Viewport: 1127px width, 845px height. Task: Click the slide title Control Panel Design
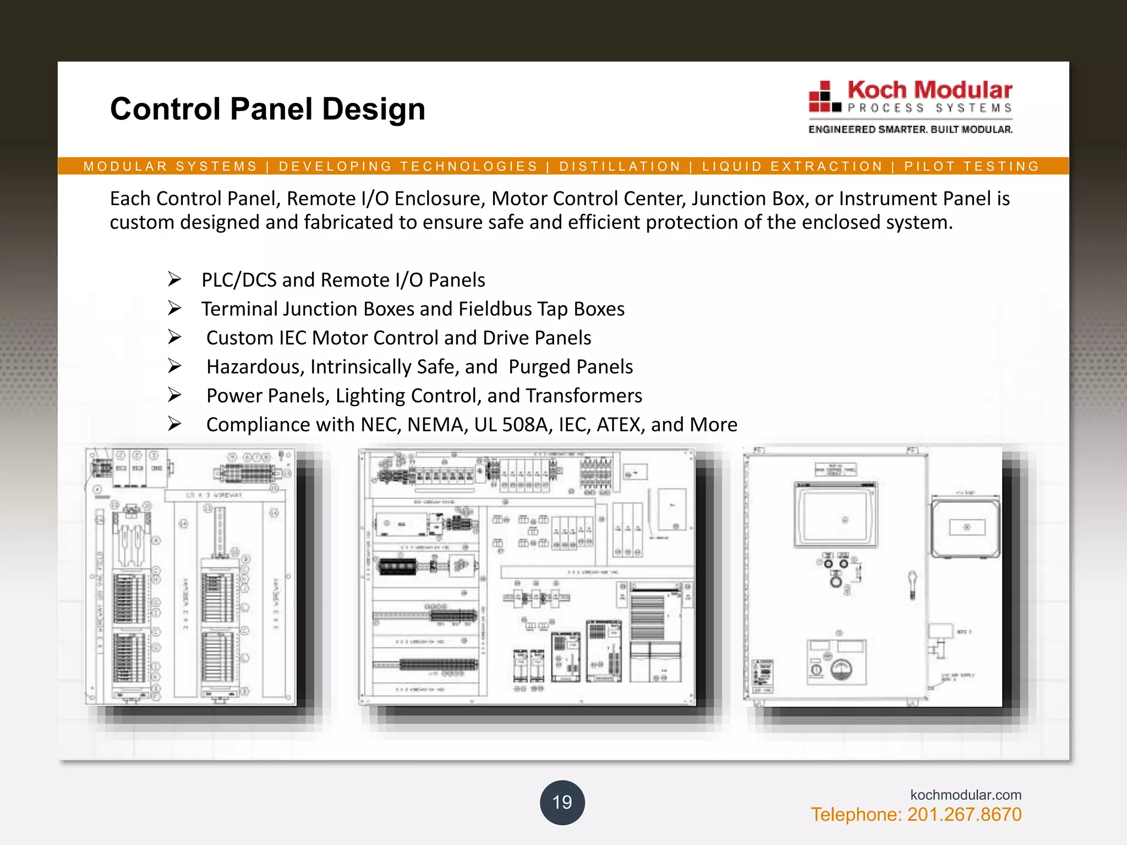tap(267, 109)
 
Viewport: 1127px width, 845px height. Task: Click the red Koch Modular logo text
tap(929, 90)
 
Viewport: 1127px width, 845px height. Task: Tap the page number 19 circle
tap(562, 802)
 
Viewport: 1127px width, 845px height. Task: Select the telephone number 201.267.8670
tap(964, 815)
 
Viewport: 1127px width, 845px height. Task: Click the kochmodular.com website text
tap(965, 794)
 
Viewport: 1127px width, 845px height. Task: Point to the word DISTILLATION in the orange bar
tap(620, 166)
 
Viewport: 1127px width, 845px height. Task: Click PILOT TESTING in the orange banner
tap(971, 166)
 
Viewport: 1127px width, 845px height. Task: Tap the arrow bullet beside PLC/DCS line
tap(174, 279)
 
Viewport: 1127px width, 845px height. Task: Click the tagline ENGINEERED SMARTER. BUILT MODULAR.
tap(910, 130)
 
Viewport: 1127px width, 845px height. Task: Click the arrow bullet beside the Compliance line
tap(174, 424)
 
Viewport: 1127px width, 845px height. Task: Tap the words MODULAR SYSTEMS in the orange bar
tap(171, 166)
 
